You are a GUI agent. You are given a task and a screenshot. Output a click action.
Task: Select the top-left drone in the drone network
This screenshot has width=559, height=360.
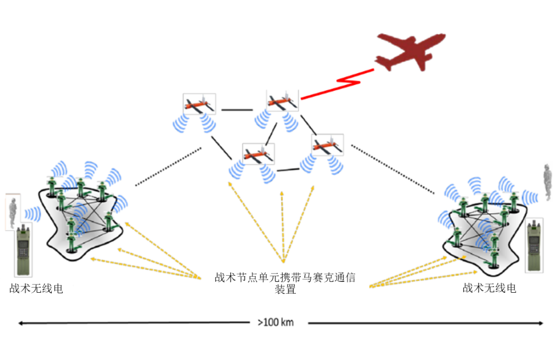point(199,105)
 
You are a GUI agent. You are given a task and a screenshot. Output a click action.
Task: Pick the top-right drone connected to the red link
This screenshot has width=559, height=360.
point(282,101)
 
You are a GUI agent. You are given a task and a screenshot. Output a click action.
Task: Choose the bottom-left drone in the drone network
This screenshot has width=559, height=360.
point(258,154)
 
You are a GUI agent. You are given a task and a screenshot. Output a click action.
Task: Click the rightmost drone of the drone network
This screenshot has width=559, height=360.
point(327,145)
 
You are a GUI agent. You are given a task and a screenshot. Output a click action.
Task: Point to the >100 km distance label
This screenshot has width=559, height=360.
point(275,322)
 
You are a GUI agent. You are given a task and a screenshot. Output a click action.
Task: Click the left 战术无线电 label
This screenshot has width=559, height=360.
point(36,289)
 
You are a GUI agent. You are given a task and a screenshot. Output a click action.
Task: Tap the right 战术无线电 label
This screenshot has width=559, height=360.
point(489,288)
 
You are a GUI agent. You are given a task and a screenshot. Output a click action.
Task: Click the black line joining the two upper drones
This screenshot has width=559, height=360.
point(237,110)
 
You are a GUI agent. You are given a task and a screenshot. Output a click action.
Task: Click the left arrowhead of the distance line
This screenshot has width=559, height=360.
point(21,323)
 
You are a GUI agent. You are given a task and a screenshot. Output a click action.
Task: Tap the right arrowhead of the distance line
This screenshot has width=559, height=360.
point(541,323)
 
